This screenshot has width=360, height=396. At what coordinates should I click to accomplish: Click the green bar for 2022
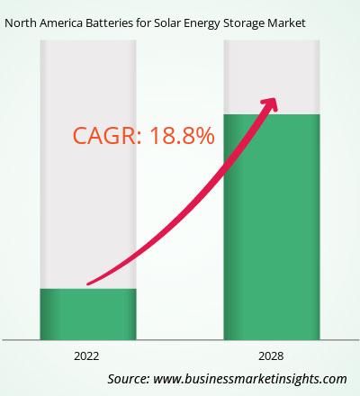tap(88, 314)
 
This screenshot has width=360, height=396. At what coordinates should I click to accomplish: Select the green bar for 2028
tap(272, 227)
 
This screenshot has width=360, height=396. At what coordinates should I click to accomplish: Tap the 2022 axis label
tap(86, 356)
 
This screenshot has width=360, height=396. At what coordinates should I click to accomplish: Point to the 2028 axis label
tap(271, 356)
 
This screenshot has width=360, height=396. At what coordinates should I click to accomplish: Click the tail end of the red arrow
tap(87, 283)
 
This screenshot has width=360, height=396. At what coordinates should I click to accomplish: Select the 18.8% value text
tap(182, 136)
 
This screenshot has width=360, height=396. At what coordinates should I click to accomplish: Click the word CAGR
tap(107, 136)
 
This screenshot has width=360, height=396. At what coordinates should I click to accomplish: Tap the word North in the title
tap(21, 22)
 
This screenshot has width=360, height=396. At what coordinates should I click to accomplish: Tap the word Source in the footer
tap(129, 379)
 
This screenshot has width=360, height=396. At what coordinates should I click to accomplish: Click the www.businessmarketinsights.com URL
tap(250, 379)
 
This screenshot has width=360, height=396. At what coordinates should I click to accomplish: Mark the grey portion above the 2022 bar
tap(88, 165)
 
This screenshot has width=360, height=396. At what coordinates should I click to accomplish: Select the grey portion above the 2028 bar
tap(272, 77)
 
